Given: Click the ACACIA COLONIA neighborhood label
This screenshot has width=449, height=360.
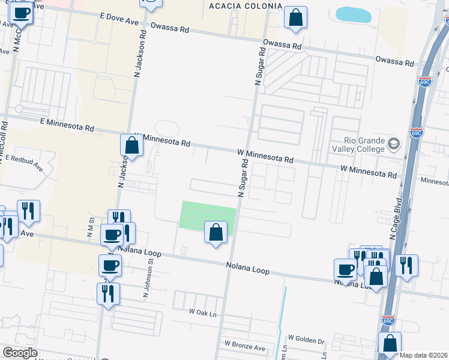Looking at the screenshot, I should click(244, 6).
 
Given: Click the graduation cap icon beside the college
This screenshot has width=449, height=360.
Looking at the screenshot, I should click(393, 144).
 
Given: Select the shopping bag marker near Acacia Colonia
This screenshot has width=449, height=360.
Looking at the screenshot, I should click(295, 17).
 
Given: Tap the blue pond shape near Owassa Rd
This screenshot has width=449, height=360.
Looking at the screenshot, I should click(354, 14).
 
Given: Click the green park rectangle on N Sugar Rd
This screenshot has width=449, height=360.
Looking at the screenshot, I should click(206, 214).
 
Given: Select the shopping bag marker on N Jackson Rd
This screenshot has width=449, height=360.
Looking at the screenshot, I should click(131, 145).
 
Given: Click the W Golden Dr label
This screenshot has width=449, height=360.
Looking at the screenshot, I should click(306, 340).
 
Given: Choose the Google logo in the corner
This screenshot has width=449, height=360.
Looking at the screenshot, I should click(20, 353).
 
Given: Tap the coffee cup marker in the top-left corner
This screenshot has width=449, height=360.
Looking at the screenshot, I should click(22, 12).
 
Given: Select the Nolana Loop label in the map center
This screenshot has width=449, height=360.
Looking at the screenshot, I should click(247, 268).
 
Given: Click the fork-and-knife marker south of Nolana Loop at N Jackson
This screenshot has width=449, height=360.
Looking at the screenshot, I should click(108, 293).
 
